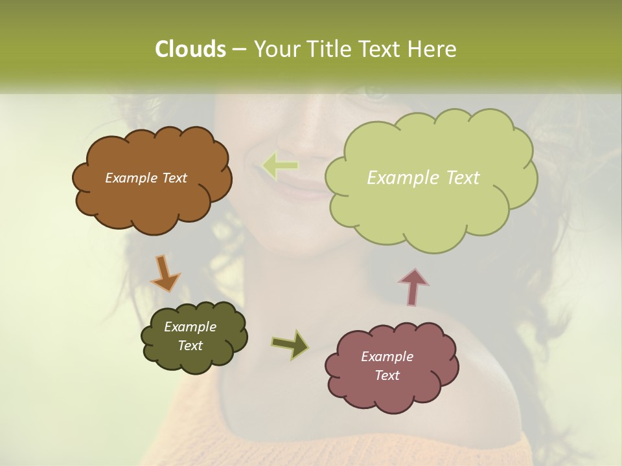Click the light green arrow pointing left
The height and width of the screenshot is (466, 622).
click(x=280, y=166)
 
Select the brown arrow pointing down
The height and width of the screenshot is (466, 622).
click(x=165, y=274)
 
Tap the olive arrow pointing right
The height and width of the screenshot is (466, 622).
click(x=290, y=344)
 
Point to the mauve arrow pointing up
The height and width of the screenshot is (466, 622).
click(x=413, y=287)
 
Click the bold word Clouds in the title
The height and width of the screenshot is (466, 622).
click(x=190, y=49)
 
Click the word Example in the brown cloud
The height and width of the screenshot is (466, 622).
click(x=132, y=178)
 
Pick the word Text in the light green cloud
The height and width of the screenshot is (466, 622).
click(x=459, y=178)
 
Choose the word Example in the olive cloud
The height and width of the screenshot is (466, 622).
click(x=190, y=327)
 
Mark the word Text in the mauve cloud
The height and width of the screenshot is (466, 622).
click(x=387, y=375)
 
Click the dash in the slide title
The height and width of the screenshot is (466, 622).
click(x=238, y=49)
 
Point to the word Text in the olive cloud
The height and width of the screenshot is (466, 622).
click(x=190, y=346)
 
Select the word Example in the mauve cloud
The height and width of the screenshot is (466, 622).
click(x=387, y=357)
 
